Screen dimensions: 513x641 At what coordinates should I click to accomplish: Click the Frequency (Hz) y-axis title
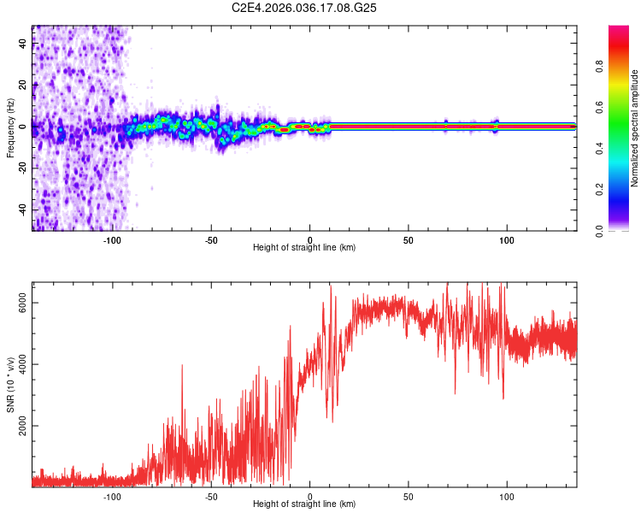[x=10, y=127]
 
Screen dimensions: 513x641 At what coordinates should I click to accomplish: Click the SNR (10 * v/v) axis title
[x=10, y=384]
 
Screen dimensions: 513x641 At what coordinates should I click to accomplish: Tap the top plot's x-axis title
[x=304, y=247]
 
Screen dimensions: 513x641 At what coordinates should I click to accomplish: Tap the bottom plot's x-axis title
[x=304, y=504]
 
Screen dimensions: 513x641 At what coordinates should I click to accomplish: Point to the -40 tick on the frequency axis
[x=23, y=209]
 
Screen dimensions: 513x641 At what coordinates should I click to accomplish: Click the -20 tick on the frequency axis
[x=23, y=168]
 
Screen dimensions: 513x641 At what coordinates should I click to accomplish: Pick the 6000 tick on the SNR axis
[x=23, y=304]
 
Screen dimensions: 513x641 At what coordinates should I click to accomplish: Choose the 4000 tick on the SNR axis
[x=23, y=364]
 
